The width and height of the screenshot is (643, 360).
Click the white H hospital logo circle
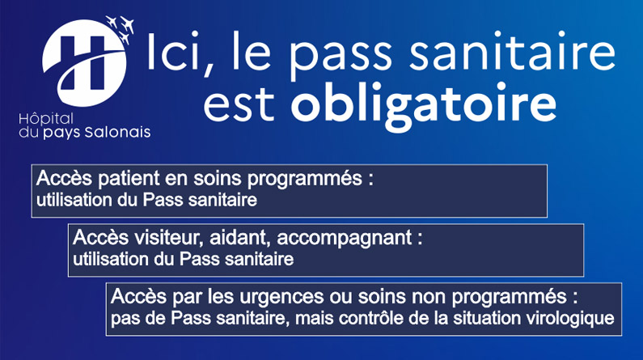84,64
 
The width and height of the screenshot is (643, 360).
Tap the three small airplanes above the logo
121,28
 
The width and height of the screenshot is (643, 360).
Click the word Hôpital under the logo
46,120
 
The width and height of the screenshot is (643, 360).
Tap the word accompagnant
345,239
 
